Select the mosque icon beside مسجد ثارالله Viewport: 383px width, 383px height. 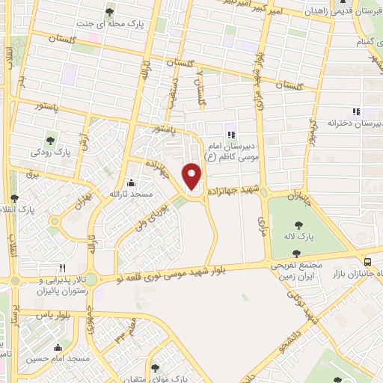(132, 183)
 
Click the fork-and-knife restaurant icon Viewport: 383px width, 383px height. (63, 267)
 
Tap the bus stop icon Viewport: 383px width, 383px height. (367, 262)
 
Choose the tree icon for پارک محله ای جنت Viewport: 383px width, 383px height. (111, 12)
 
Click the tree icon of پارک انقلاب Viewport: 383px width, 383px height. (14, 198)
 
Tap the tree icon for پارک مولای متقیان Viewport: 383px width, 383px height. (155, 368)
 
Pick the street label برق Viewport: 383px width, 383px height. (31, 173)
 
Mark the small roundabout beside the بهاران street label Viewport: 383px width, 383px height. (54, 221)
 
